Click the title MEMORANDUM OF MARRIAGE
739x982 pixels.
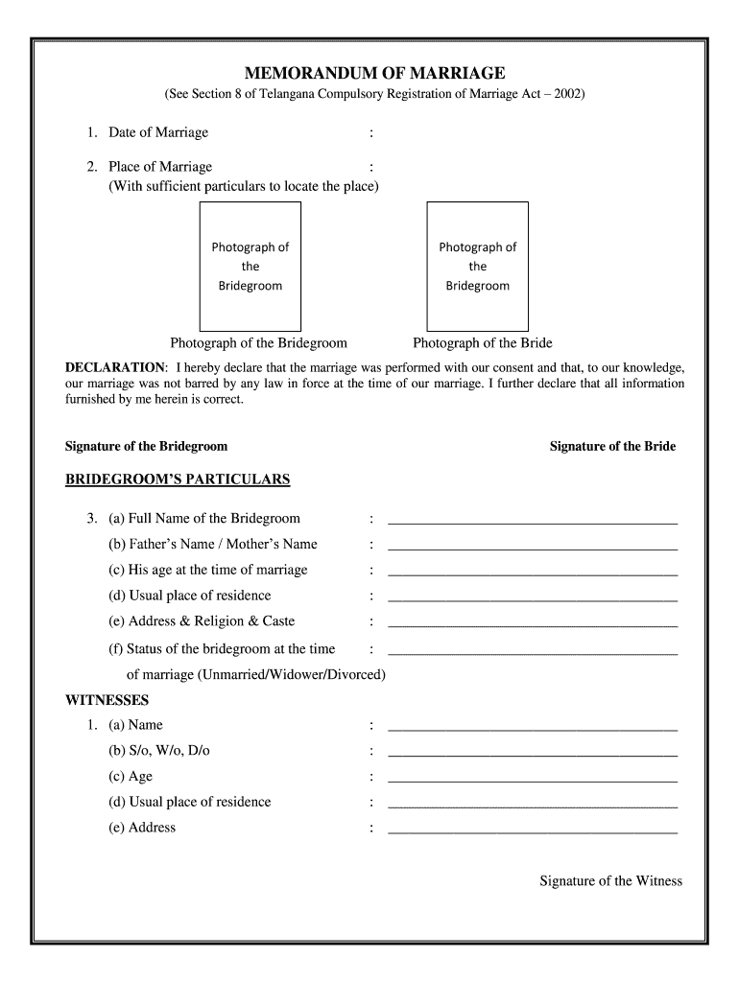[373, 74]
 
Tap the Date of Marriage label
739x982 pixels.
[157, 132]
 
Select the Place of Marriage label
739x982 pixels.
[159, 167]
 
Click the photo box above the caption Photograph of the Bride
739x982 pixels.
[477, 266]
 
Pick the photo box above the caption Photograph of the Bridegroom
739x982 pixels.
[250, 266]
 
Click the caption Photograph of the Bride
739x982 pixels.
[482, 343]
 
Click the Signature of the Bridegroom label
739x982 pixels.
[146, 447]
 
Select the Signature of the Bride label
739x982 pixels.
[612, 447]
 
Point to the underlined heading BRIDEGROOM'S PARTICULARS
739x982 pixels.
[177, 479]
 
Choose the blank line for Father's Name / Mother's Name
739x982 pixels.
[532, 548]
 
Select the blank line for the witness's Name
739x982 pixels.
[532, 729]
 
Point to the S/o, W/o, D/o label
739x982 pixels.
[158, 751]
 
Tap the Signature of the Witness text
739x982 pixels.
[610, 881]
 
